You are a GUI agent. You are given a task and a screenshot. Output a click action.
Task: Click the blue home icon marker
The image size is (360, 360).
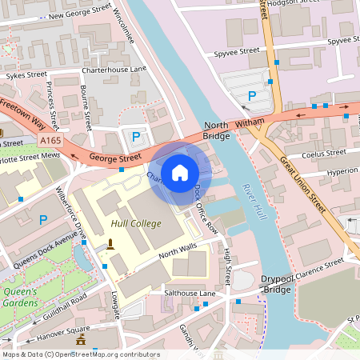(x=180, y=172)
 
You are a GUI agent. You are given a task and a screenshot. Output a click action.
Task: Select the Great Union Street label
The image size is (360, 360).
(x=304, y=185)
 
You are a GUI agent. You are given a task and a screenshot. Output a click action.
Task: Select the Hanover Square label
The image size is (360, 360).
(x=61, y=330)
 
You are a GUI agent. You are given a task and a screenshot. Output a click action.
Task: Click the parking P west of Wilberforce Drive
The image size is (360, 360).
(x=43, y=218)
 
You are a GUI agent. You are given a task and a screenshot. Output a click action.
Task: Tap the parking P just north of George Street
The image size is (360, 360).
(x=136, y=137)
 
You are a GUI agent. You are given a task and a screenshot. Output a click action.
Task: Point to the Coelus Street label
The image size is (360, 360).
(x=322, y=153)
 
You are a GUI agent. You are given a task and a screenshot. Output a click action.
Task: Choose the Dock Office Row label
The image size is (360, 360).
(x=206, y=210)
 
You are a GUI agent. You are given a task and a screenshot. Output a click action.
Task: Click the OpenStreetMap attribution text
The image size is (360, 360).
(x=80, y=354)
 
